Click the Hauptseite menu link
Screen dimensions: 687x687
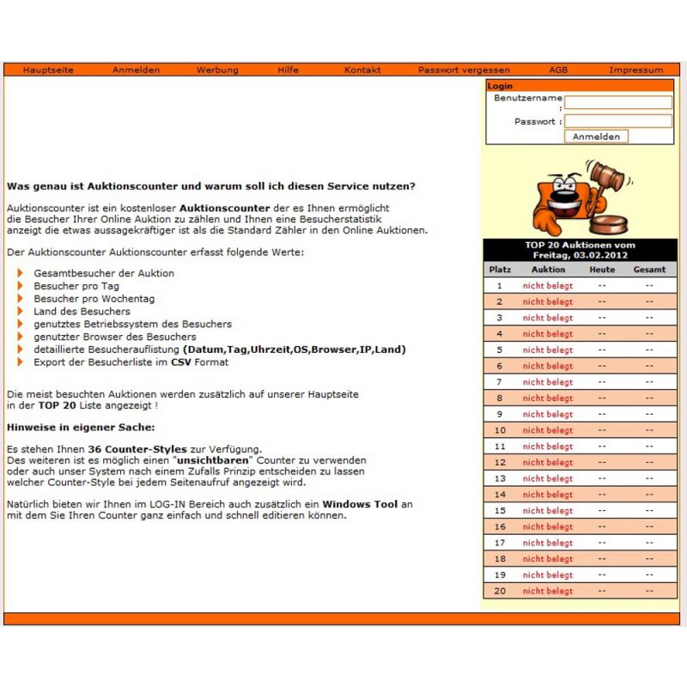click(x=48, y=70)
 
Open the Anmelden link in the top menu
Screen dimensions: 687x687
click(x=136, y=70)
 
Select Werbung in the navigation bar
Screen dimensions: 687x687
click(x=217, y=70)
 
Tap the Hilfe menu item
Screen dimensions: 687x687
click(x=289, y=70)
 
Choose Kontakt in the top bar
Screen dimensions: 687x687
click(x=362, y=70)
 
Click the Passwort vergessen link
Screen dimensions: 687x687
click(x=464, y=70)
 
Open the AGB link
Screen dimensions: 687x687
click(x=558, y=70)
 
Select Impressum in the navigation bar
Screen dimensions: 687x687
click(x=636, y=70)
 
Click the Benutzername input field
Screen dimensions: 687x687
click(x=618, y=102)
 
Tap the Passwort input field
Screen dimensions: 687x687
click(x=618, y=121)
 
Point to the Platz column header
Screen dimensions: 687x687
click(x=500, y=270)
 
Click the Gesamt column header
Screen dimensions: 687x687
click(x=649, y=270)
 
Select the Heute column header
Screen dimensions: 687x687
click(x=602, y=270)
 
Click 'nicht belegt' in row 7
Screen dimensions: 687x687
click(x=548, y=382)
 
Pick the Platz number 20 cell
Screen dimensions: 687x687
click(x=500, y=592)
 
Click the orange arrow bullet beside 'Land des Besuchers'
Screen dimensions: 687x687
click(x=21, y=311)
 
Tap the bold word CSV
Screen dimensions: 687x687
click(x=180, y=362)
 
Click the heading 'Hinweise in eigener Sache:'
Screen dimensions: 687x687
click(x=81, y=427)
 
